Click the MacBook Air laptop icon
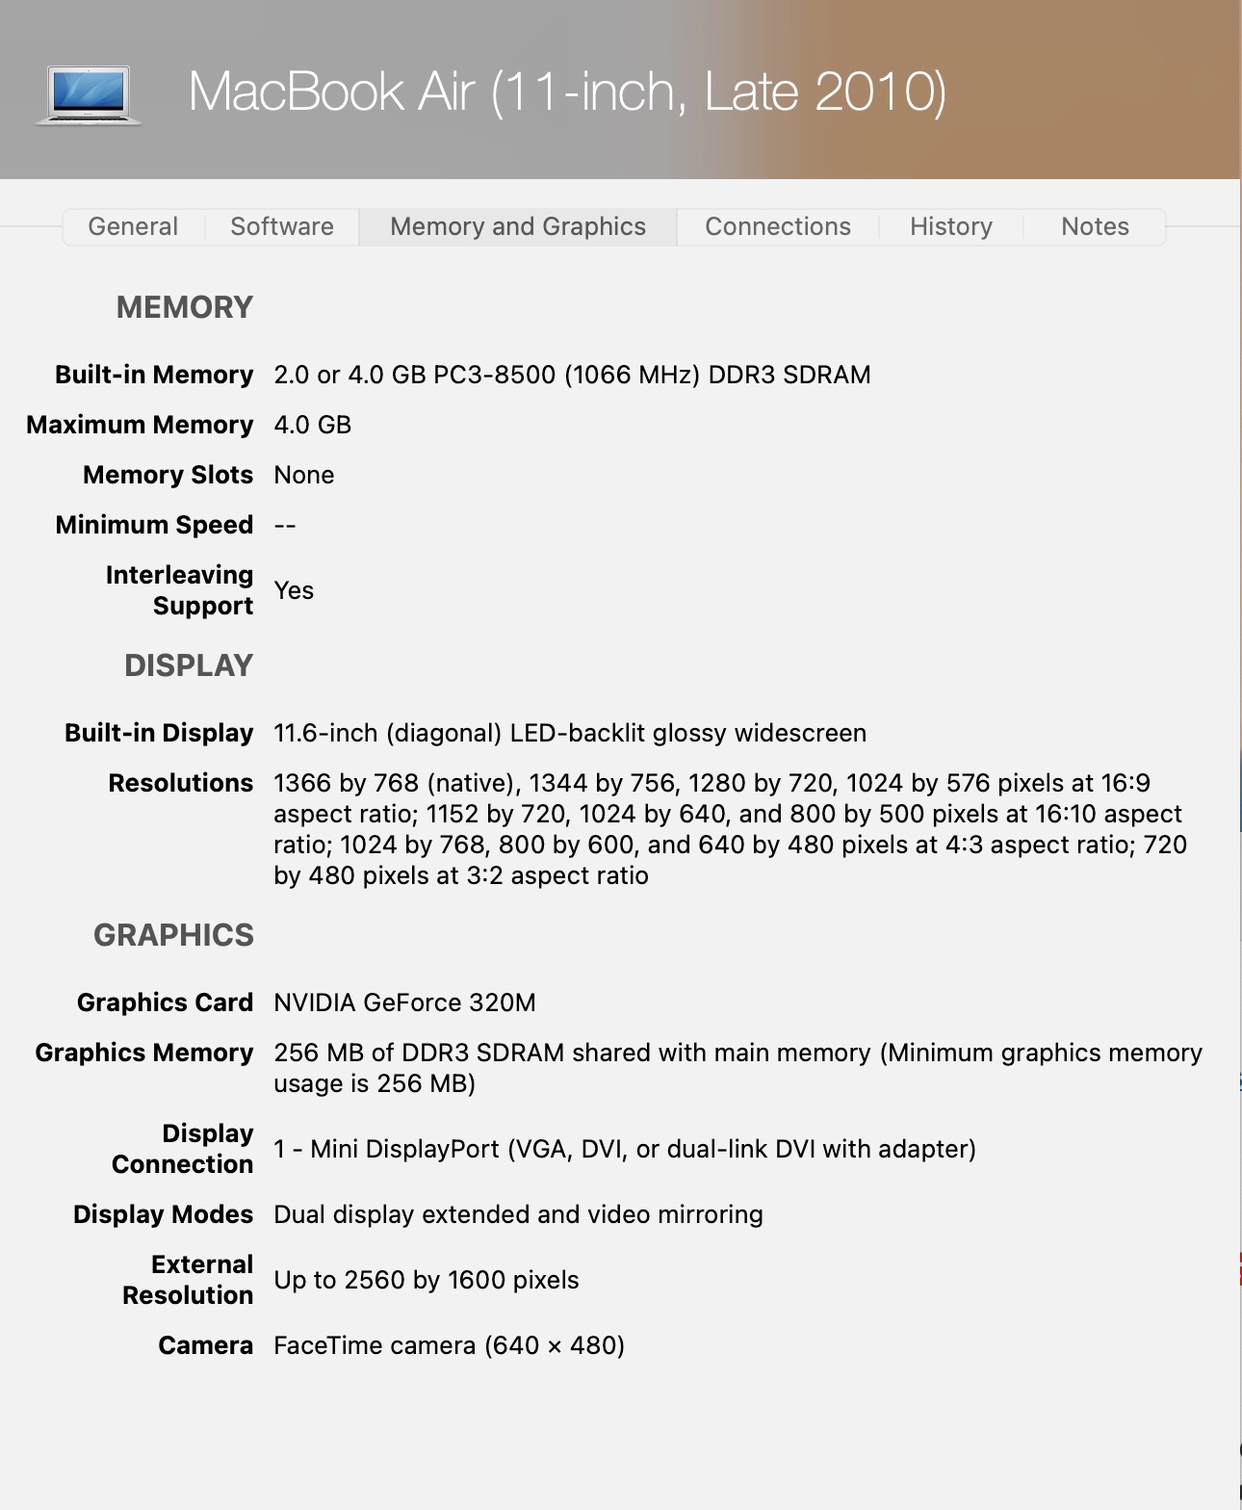[89, 94]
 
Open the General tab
[133, 227]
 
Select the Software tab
[282, 227]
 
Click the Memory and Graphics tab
[518, 227]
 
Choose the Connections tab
[778, 227]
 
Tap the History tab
[951, 227]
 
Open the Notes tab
[1095, 227]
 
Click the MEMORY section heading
[185, 308]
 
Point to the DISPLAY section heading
[189, 666]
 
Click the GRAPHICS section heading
[173, 936]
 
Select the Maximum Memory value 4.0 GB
[312, 426]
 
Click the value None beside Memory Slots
[304, 476]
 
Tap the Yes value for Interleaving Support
[294, 591]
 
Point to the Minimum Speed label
[154, 526]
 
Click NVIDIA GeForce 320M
[404, 1003]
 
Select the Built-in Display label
[159, 734]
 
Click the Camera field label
[205, 1346]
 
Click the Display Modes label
[163, 1215]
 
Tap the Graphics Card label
[165, 1003]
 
